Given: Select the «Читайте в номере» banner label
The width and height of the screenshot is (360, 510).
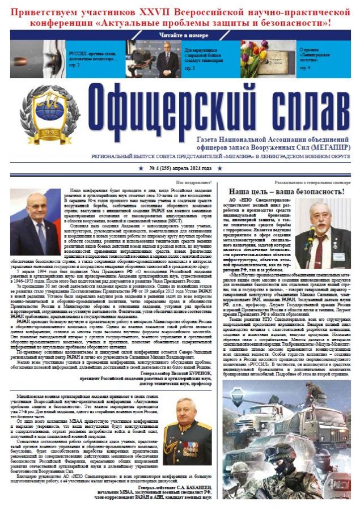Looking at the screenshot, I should click(x=180, y=34).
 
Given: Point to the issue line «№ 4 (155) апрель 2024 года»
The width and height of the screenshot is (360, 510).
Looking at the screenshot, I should click(x=180, y=168).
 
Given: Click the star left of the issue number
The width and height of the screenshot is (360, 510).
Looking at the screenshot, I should click(x=141, y=168).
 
